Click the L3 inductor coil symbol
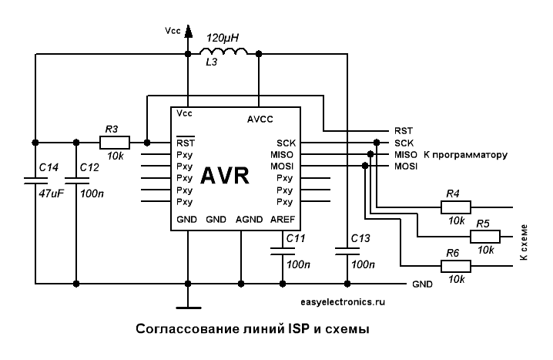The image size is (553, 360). coord(224,52)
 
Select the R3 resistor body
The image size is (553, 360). coord(115,142)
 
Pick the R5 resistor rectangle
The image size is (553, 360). coord(483,237)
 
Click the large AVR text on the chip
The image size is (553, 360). coord(224,175)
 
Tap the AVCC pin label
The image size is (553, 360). coord(260,119)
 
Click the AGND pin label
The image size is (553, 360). coord(250,220)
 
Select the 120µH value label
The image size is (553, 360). coord(224,36)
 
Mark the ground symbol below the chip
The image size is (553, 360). coord(187,301)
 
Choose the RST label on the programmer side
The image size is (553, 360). coord(404,131)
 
